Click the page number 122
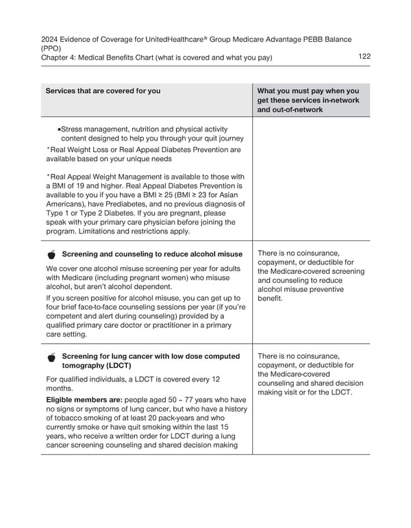pos(364,56)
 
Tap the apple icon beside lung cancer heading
pos(52,357)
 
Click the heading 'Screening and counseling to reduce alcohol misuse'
pos(152,255)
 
